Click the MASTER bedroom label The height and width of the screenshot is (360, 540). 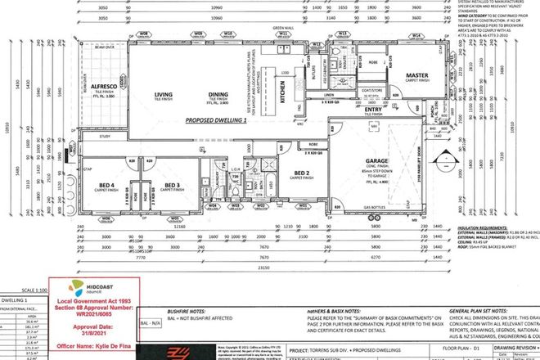[x=418, y=75]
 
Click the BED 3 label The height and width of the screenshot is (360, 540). [x=171, y=186]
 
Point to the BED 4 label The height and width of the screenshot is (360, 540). [x=106, y=186]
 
